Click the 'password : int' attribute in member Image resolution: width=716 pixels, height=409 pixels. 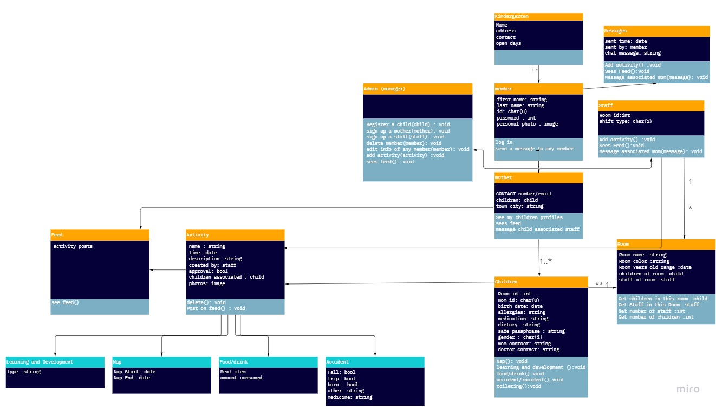coord(516,118)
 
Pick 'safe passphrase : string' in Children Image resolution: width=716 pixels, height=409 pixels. coord(531,331)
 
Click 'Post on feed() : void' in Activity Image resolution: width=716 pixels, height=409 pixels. coord(216,308)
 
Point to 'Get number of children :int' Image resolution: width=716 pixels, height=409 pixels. coord(655,317)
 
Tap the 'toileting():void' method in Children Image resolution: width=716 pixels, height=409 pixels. coord(518,386)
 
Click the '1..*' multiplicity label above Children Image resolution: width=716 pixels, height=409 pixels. coord(545,262)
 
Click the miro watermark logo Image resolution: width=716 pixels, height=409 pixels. coord(688,389)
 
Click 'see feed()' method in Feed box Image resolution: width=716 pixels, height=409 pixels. coord(65,302)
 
